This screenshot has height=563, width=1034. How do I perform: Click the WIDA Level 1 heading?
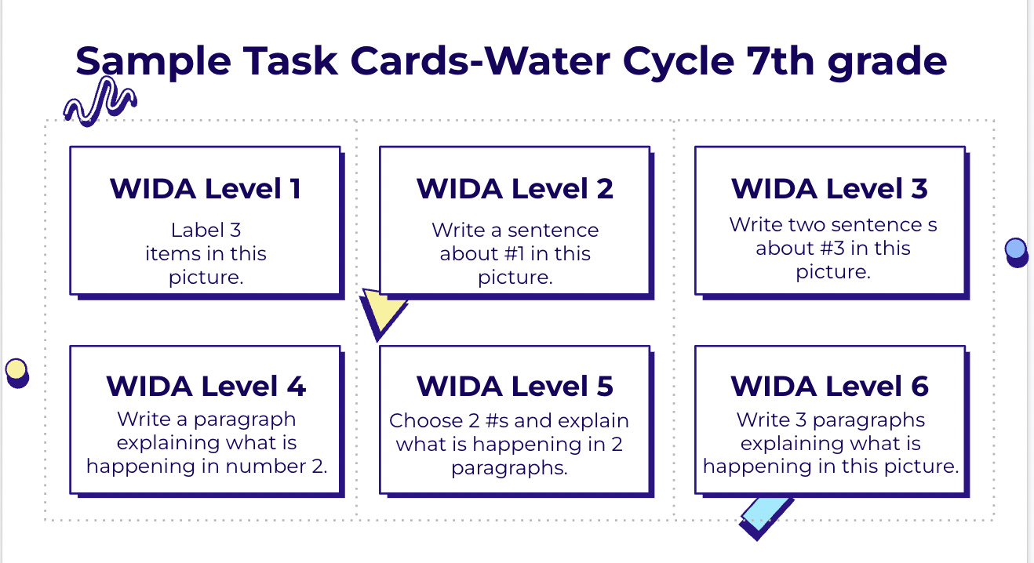pos(206,188)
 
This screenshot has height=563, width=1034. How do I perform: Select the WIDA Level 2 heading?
pos(515,188)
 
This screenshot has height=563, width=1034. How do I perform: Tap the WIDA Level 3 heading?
pos(829,188)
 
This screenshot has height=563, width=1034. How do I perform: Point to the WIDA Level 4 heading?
pos(206,386)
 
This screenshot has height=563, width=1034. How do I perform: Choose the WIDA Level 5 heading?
pos(515,386)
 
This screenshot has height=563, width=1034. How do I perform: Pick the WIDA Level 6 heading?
pos(829,386)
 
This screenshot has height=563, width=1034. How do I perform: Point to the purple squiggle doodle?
pos(100,101)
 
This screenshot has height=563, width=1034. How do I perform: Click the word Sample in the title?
pos(153,62)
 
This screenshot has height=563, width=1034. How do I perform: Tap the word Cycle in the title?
pos(678,62)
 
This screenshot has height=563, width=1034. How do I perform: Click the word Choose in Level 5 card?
pos(425,420)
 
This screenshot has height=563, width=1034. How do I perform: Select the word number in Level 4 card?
pos(265,467)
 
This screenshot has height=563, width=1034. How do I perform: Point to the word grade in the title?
pos(887,62)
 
